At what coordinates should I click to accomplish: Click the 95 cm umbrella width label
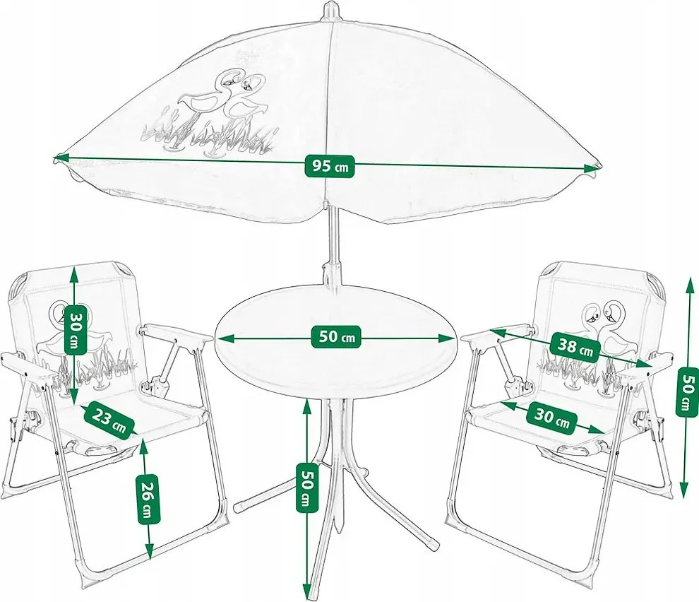point(330,167)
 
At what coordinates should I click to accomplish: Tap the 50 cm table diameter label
point(336,337)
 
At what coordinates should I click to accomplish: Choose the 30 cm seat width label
point(552,418)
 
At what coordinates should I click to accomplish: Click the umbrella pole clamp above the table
point(330,276)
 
